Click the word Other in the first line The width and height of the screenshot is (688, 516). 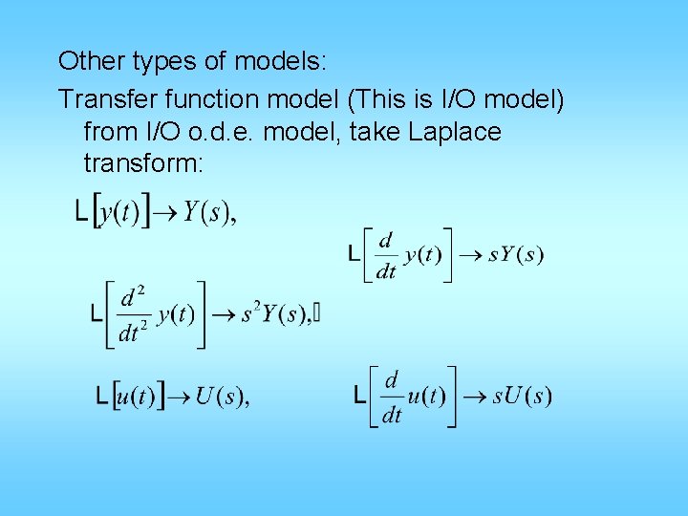pos(84,62)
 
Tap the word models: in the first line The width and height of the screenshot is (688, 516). pos(283,62)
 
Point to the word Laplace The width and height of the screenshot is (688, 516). pos(454,131)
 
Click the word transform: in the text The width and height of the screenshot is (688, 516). pos(143,163)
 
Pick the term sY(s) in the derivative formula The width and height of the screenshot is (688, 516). pos(516,255)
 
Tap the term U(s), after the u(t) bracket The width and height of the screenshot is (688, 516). pos(222,396)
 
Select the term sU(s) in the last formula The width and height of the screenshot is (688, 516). pos(522,396)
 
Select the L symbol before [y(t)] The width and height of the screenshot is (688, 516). pos(83,211)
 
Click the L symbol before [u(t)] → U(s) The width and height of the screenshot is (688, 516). pos(102,396)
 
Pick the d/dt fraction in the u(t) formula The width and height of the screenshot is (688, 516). pos(391,397)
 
